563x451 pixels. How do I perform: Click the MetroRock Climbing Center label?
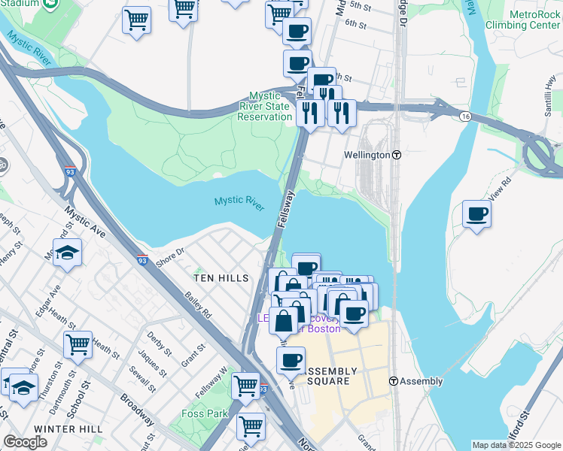coord(524,20)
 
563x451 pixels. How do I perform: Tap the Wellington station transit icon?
coord(397,155)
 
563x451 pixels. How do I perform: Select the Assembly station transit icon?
coord(394,381)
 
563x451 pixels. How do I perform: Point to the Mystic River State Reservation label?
coord(264,107)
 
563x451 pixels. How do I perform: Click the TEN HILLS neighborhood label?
coord(221,278)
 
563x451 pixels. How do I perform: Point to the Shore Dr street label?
coord(169,257)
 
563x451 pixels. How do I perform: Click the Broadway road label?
coord(137,409)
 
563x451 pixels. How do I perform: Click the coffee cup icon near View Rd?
coord(476,215)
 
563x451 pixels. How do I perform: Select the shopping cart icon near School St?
coord(78,345)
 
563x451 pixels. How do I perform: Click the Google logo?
coord(25,442)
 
